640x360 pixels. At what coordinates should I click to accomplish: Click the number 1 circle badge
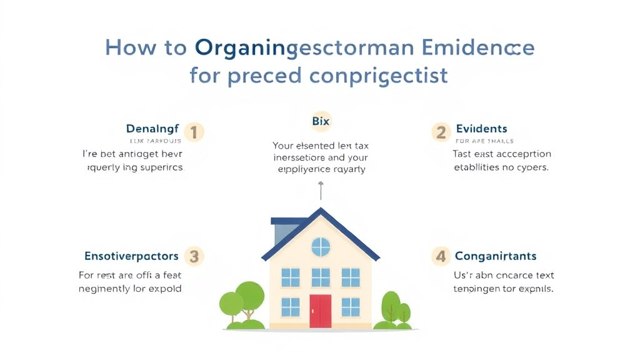[x=194, y=132]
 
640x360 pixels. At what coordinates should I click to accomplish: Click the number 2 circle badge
[x=441, y=132]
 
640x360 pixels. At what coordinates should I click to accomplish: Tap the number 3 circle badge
[x=194, y=256]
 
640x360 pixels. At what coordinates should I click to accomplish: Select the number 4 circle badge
[x=441, y=256]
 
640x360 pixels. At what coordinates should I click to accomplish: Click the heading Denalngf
[x=152, y=129]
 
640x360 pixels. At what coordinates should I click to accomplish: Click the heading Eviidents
[x=482, y=129]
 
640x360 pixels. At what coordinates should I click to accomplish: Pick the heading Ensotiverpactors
[x=131, y=256]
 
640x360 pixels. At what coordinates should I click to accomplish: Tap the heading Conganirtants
[x=496, y=256]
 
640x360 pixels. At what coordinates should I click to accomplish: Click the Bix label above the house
[x=320, y=121]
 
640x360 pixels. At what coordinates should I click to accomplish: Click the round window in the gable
[x=321, y=247]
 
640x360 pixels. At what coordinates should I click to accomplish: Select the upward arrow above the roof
[x=321, y=191]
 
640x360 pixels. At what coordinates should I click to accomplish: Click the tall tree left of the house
[x=249, y=297]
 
